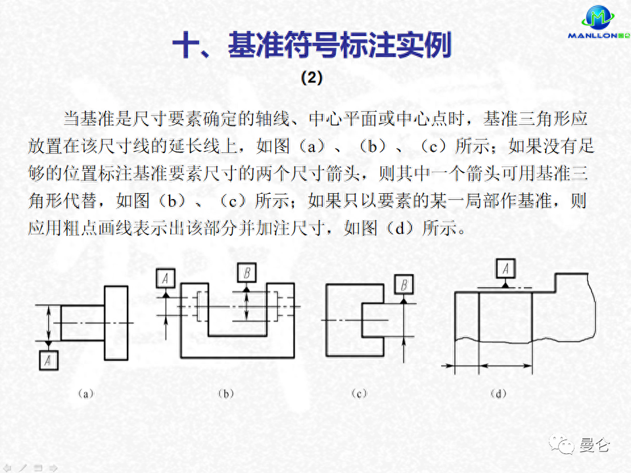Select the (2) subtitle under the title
point(312,78)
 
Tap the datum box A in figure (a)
point(48,360)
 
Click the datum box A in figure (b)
point(166,279)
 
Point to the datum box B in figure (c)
point(404,284)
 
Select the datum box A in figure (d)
point(505,268)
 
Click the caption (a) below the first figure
point(85,394)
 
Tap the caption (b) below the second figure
point(225,394)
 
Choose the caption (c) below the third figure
point(359,394)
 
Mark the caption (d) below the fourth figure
point(499,394)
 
